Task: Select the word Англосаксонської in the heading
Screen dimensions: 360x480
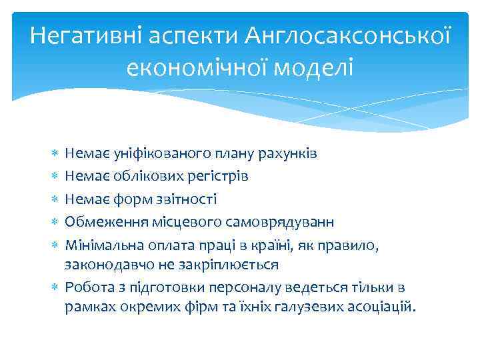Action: point(347,36)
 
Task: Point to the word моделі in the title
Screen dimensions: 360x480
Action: point(311,67)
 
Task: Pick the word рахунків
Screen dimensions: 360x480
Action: point(287,154)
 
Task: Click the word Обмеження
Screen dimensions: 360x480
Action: point(99,221)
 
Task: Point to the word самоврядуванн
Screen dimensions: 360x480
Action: point(277,221)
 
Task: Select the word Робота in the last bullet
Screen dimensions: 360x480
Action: point(87,287)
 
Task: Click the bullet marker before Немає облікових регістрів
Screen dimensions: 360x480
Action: point(55,177)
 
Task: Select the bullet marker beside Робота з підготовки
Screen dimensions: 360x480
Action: point(55,287)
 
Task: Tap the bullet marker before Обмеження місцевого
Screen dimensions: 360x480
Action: point(55,221)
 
